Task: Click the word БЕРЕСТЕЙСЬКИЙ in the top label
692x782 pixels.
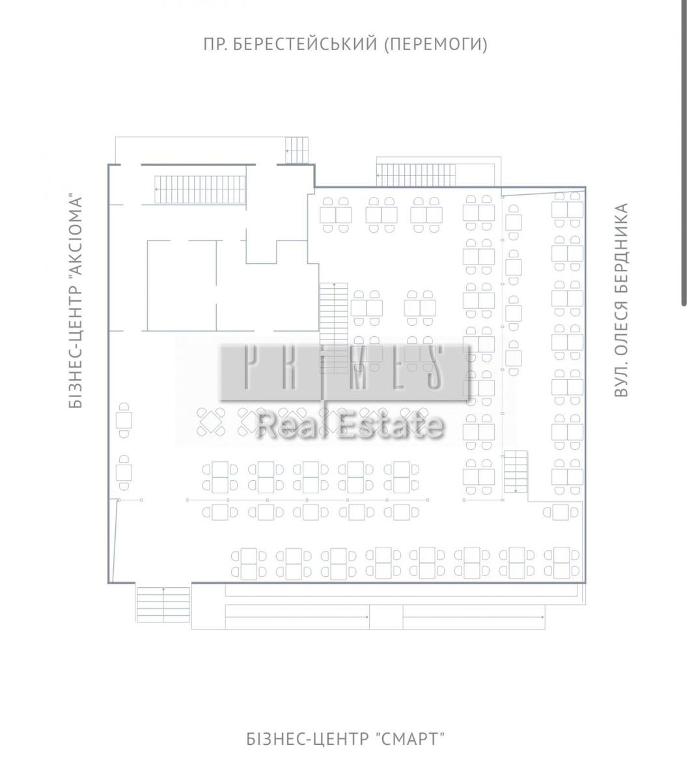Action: (305, 44)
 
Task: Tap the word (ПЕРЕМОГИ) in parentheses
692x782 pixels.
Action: (436, 44)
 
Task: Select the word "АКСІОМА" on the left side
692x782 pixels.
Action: (76, 235)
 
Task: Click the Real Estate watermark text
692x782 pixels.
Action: (350, 426)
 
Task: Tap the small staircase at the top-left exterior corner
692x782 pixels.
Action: (296, 150)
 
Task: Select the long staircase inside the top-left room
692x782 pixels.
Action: (200, 190)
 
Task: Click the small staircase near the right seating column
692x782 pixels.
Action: (516, 471)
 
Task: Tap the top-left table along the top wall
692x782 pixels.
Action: (335, 215)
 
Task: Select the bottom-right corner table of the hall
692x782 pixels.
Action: (562, 563)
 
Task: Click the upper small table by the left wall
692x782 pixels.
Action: (124, 420)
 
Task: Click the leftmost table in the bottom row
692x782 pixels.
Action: (249, 564)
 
